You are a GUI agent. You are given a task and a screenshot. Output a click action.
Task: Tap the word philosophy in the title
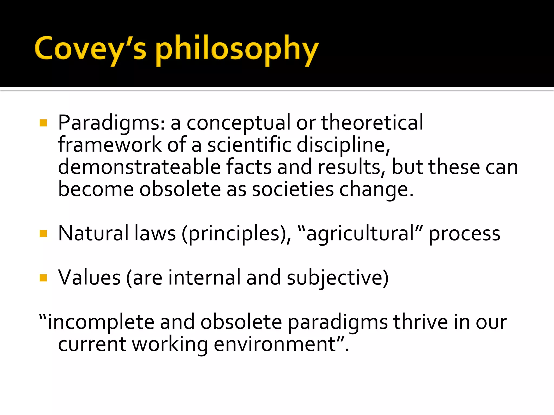coord(237,50)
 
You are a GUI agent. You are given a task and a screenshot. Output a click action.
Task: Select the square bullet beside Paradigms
coord(43,123)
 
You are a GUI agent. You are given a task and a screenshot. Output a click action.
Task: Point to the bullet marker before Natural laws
coord(43,233)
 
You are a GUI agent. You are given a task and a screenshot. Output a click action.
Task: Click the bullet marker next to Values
coord(43,278)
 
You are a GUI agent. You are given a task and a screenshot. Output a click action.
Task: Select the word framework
coord(110,145)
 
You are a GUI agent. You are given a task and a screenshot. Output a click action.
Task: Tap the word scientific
coord(249,145)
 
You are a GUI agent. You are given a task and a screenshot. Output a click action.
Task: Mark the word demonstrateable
coord(139,167)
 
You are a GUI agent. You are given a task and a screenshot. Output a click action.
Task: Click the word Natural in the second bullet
coord(93,233)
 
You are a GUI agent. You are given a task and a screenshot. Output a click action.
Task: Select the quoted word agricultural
coord(360,234)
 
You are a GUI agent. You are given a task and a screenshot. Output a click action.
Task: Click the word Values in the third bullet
coord(89,278)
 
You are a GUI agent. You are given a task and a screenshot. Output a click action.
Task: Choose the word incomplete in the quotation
coord(100,322)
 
